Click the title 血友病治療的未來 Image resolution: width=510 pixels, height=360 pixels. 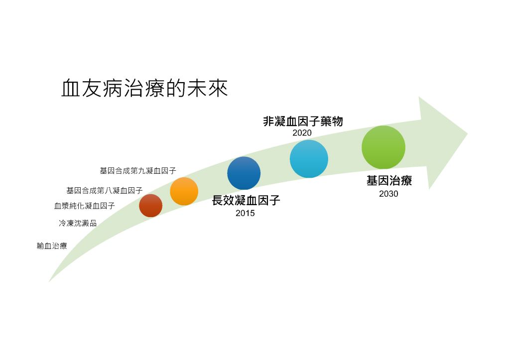[144, 88]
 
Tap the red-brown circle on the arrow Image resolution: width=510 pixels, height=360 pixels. [150, 206]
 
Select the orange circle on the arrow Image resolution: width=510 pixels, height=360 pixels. [184, 191]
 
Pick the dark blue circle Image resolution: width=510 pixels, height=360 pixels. [244, 173]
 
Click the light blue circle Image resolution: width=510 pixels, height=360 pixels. [309, 159]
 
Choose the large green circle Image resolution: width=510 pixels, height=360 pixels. [383, 147]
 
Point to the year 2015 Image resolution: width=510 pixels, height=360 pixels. [245, 213]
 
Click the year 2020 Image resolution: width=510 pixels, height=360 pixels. [302, 132]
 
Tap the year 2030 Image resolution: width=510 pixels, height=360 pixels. [388, 194]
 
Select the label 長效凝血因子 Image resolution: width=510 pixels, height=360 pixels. [246, 200]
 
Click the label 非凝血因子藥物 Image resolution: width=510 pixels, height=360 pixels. [303, 121]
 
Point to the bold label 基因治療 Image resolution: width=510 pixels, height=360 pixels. [389, 180]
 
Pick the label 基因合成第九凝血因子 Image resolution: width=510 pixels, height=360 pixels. [138, 171]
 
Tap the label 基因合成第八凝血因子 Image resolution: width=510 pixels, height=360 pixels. [105, 190]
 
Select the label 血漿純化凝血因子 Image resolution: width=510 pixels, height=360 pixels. [85, 206]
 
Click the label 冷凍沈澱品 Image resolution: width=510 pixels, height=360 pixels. [78, 223]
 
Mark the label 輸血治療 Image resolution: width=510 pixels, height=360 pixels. [52, 245]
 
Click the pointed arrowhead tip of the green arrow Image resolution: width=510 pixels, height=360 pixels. [468, 133]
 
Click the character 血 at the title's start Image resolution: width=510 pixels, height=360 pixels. [71, 88]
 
